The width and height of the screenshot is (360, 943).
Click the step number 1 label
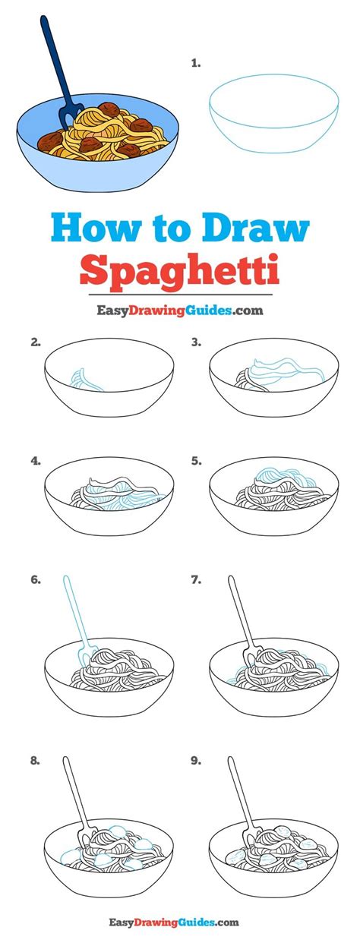pos(196,64)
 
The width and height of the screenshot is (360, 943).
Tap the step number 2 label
pos(35,342)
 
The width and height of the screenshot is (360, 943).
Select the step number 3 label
pos(196,342)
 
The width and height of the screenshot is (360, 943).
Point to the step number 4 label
pos(35,460)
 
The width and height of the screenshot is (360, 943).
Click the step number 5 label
pos(196,460)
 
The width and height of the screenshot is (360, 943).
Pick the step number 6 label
pos(35,580)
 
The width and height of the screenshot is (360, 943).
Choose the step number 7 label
pos(196,580)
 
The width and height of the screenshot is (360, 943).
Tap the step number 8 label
pos(35,759)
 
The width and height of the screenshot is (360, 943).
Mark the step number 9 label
pos(196,759)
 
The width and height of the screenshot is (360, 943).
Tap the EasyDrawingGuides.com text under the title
pos(179,310)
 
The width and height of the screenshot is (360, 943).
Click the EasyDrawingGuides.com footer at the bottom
pos(179,922)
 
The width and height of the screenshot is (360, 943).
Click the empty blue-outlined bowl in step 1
pos(273,118)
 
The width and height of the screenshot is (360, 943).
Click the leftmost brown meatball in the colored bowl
pos(50,140)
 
